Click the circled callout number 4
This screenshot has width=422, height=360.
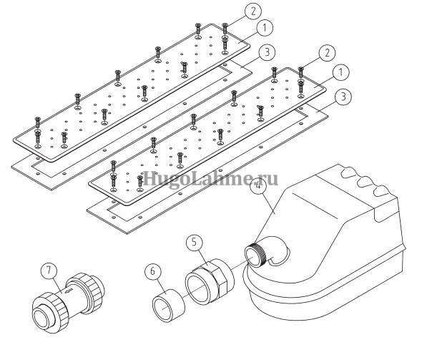click(259, 187)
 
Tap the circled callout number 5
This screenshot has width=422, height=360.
click(195, 243)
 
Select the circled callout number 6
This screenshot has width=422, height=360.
click(152, 271)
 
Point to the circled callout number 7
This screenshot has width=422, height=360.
click(49, 271)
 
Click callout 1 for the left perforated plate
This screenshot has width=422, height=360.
click(265, 28)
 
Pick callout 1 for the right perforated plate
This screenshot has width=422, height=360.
click(340, 73)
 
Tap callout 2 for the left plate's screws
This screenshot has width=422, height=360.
click(253, 11)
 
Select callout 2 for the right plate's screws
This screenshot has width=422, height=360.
click(328, 53)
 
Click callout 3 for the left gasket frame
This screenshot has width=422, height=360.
click(267, 52)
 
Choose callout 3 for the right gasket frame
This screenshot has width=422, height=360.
click(343, 97)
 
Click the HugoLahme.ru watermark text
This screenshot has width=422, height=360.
click(210, 179)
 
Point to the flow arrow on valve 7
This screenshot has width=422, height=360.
click(69, 291)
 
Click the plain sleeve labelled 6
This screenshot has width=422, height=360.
click(169, 306)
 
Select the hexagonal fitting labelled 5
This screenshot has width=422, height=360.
click(210, 281)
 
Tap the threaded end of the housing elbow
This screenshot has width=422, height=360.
click(255, 254)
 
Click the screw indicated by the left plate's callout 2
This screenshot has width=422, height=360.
click(225, 28)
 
